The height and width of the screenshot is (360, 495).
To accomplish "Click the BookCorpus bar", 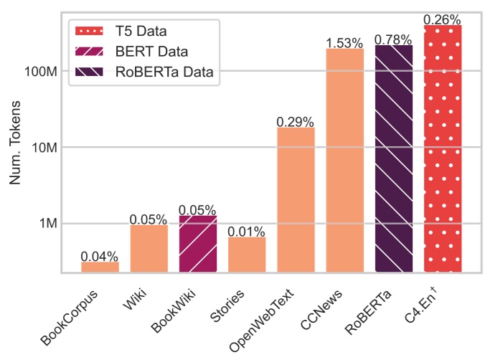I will [x=100, y=267].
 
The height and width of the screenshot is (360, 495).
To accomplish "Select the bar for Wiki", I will [x=148, y=248].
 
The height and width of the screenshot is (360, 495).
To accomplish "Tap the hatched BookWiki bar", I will [x=197, y=244].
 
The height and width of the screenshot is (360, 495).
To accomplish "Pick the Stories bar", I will [x=247, y=255].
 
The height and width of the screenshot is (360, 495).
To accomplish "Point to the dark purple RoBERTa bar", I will [x=394, y=158].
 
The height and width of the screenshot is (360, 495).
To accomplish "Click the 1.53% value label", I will [x=344, y=43].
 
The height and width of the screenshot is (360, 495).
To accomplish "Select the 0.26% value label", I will [x=443, y=20].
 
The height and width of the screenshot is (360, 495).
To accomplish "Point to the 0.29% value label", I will [x=296, y=122].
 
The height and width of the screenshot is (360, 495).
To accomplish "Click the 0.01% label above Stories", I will [x=247, y=232].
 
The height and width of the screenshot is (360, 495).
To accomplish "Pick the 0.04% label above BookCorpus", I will [x=100, y=256].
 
